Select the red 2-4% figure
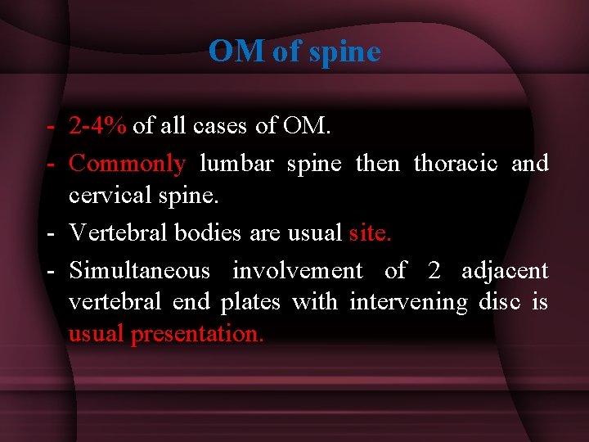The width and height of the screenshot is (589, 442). click(x=98, y=125)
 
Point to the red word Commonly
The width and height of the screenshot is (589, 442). click(x=127, y=164)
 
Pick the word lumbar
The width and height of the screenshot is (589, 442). click(x=236, y=164)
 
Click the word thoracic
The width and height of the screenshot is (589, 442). click(x=456, y=164)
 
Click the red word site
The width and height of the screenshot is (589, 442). click(x=370, y=233)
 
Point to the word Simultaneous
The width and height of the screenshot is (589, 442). click(x=139, y=270)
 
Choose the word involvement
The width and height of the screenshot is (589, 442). click(x=297, y=270)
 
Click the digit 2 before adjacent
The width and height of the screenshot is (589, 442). click(x=434, y=270)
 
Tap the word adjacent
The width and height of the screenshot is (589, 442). click(x=505, y=270)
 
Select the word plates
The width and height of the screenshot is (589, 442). click(x=250, y=302)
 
